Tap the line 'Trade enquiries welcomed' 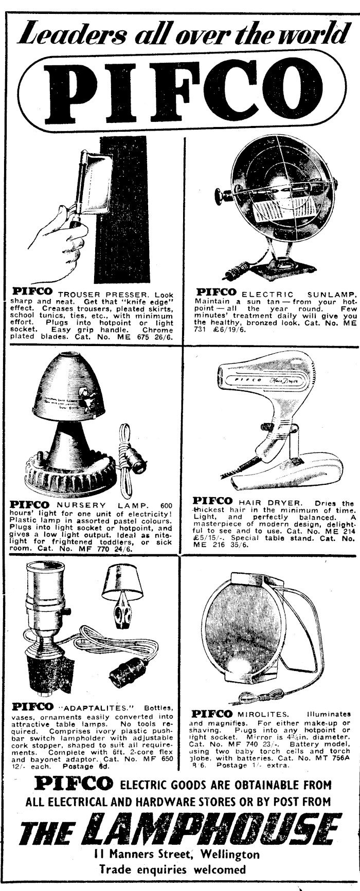(x=172, y=869)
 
